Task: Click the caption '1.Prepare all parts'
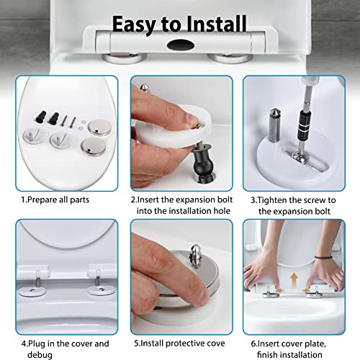55,199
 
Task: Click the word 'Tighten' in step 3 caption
272,200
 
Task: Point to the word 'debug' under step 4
40,355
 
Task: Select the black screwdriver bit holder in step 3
305,125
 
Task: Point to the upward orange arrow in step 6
294,279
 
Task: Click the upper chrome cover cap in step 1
99,127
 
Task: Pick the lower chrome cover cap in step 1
93,147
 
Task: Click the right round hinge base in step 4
101,290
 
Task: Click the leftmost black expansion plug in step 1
41,117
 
